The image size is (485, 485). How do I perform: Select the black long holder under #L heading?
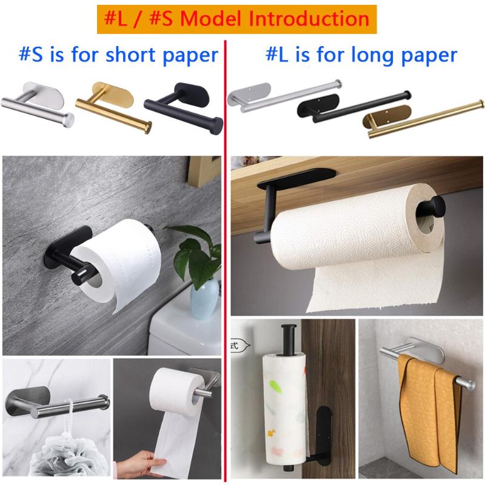point(352,106)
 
